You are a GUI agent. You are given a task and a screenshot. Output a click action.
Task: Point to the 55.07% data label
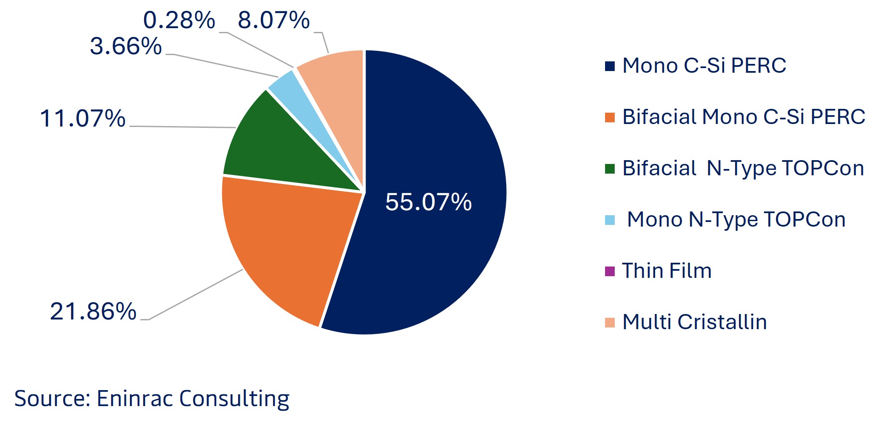pyautogui.click(x=428, y=202)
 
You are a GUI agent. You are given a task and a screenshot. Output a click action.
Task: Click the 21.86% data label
pyautogui.click(x=93, y=311)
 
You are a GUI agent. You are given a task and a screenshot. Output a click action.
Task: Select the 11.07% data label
pyautogui.click(x=82, y=118)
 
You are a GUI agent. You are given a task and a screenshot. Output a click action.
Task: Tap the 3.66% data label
pyautogui.click(x=126, y=46)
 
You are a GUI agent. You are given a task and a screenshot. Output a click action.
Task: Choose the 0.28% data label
pyautogui.click(x=179, y=20)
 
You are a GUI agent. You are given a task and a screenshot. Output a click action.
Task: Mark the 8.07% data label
pyautogui.click(x=273, y=20)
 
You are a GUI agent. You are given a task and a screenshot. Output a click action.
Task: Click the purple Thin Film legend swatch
pyautogui.click(x=610, y=271)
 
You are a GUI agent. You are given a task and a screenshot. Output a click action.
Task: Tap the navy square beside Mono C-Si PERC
pyautogui.click(x=610, y=66)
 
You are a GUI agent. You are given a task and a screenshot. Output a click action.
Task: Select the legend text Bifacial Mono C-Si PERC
pyautogui.click(x=743, y=117)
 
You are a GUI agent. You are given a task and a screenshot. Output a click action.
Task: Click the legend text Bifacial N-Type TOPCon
pyautogui.click(x=743, y=168)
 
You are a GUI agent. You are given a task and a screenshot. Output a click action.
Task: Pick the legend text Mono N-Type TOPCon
pyautogui.click(x=736, y=219)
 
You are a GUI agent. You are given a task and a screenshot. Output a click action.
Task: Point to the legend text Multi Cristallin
pyautogui.click(x=694, y=322)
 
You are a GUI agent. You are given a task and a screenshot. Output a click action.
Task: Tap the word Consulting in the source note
pyautogui.click(x=234, y=399)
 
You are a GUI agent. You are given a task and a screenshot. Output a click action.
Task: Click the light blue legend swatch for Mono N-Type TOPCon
pyautogui.click(x=610, y=220)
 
